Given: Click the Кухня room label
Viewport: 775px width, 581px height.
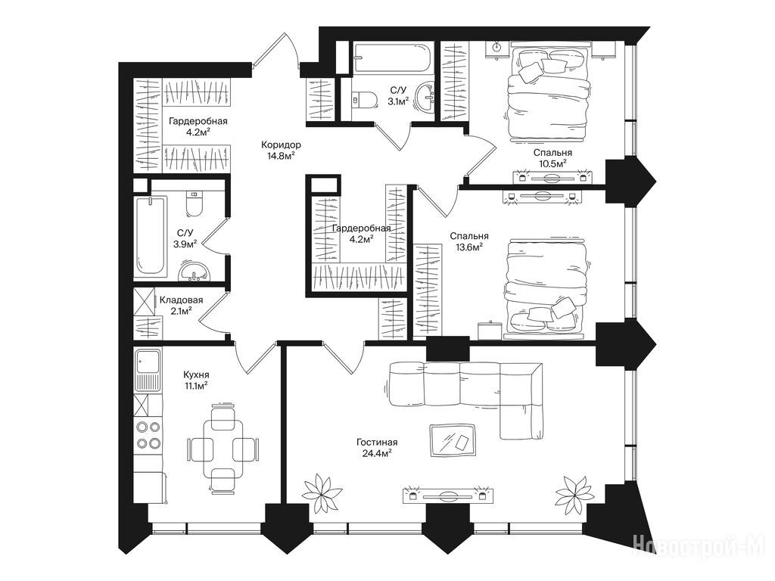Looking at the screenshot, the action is (196, 375).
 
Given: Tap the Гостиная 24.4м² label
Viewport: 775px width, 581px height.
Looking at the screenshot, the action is (377, 448).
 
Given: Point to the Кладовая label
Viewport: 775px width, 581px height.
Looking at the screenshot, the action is (181, 300).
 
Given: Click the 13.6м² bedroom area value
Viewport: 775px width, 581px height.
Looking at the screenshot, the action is (469, 247).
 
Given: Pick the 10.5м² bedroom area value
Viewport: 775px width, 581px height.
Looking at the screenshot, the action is (552, 163).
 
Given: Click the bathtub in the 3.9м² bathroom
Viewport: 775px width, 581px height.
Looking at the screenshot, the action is (151, 235).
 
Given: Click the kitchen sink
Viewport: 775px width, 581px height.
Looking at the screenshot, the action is (148, 369).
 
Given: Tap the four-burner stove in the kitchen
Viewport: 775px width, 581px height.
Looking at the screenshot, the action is (148, 435).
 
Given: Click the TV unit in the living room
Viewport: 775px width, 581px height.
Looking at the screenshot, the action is (448, 496).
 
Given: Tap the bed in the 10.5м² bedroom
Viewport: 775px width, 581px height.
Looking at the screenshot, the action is (547, 94).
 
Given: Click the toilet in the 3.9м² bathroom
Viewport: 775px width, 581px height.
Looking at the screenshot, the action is (193, 204).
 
